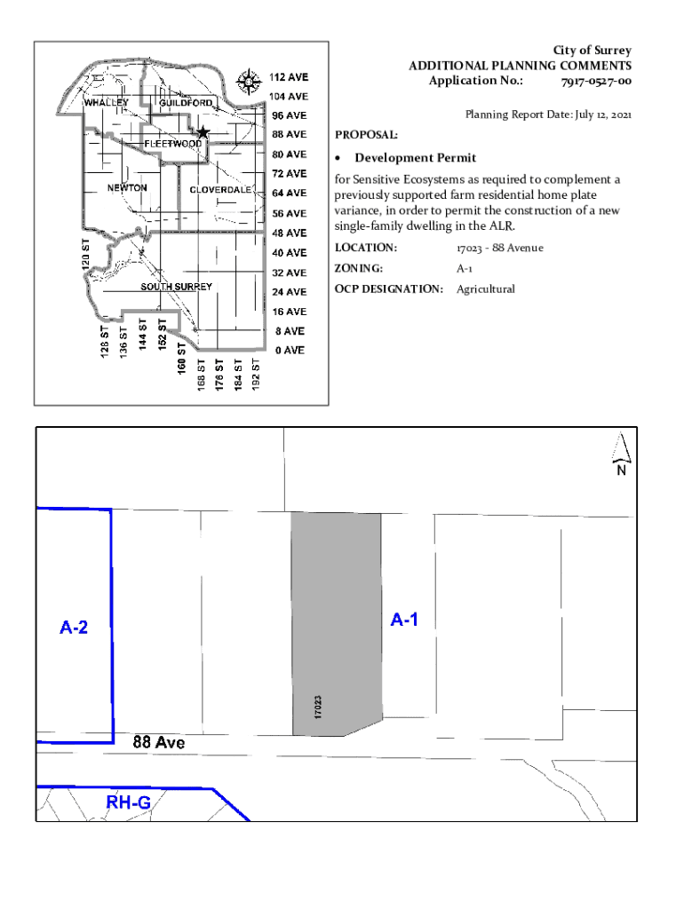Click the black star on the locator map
(x=203, y=132)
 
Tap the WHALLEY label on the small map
(x=107, y=102)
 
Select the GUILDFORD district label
(x=186, y=103)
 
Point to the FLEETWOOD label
(x=172, y=143)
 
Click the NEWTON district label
(x=127, y=188)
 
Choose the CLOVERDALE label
(x=219, y=190)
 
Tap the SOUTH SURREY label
(x=176, y=287)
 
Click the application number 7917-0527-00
(x=596, y=81)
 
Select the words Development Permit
(x=416, y=158)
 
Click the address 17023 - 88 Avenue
(x=499, y=248)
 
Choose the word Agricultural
(x=485, y=289)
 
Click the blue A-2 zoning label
(x=74, y=628)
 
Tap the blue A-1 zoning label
(x=404, y=620)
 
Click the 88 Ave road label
(x=159, y=741)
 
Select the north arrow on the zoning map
(x=621, y=454)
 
